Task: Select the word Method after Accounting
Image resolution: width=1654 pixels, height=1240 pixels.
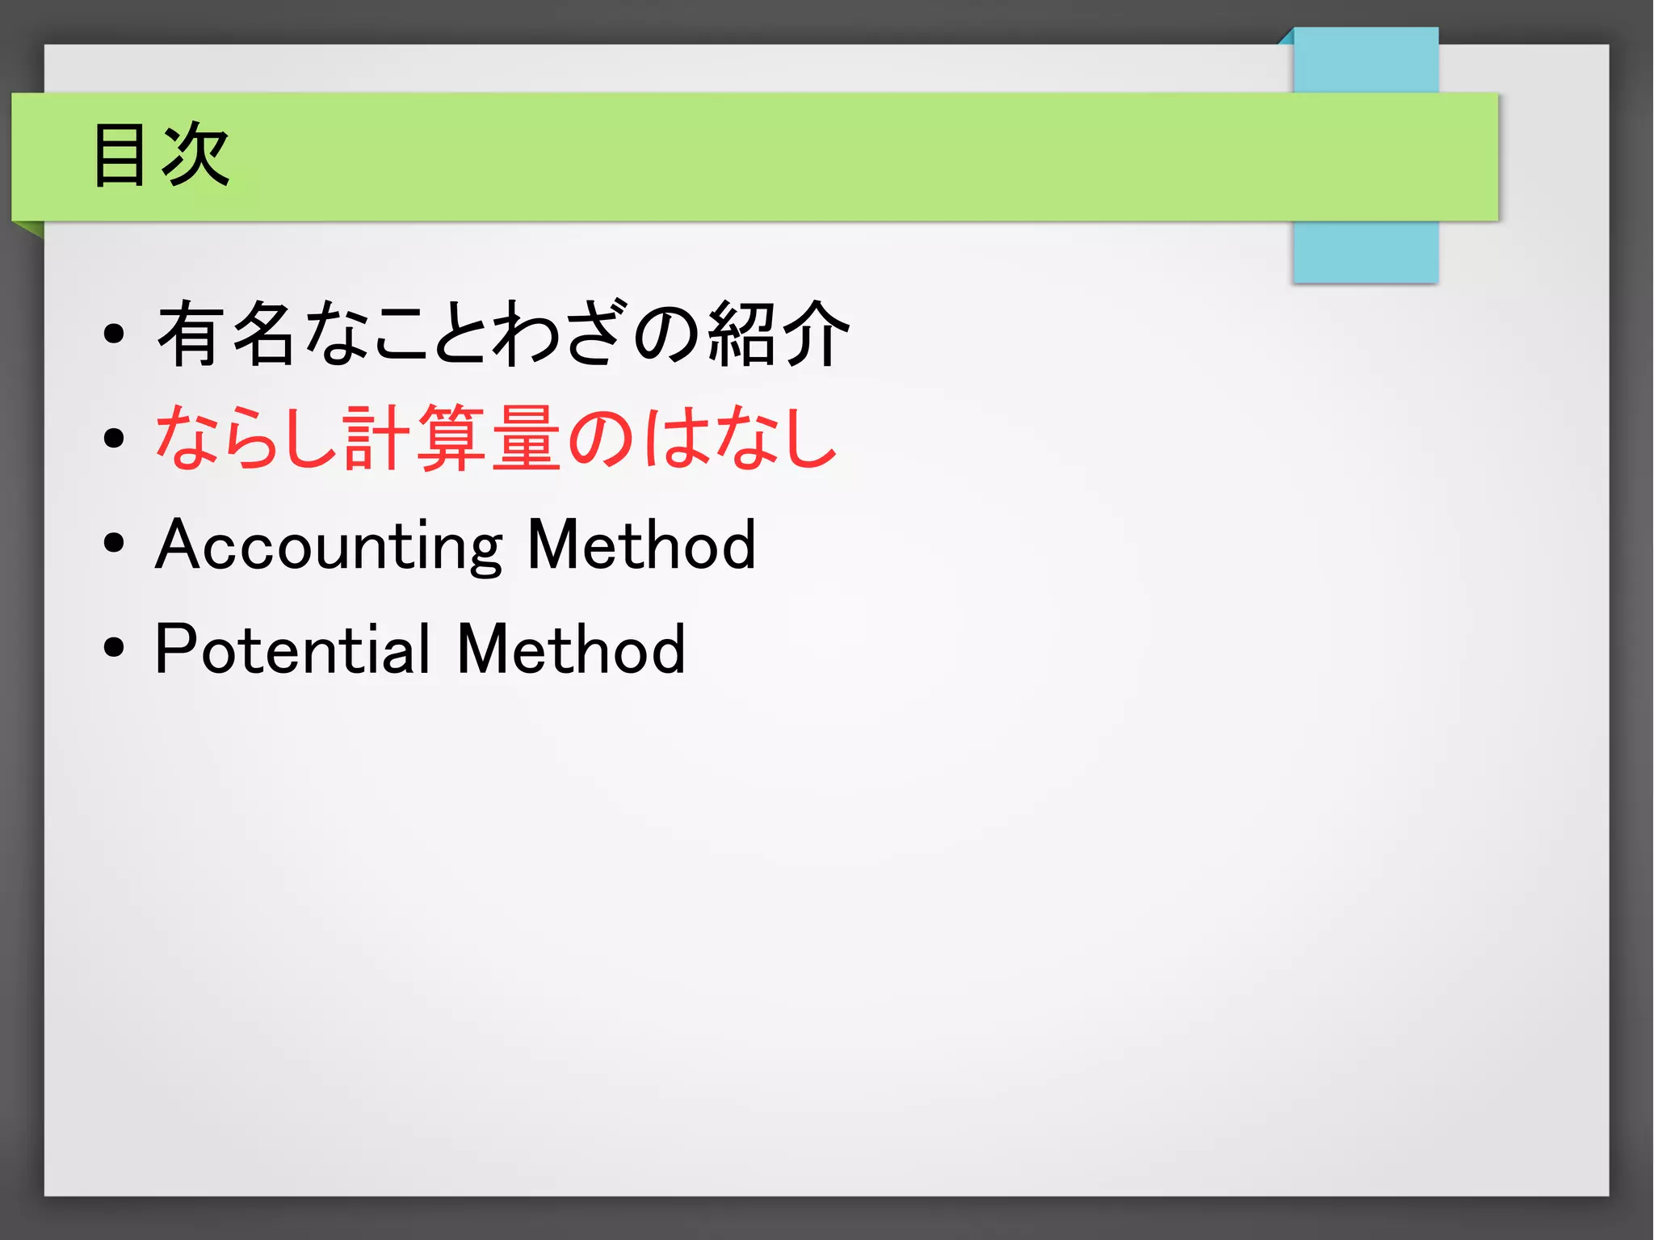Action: tap(642, 545)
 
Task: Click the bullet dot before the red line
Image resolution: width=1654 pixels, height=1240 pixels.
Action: tap(114, 439)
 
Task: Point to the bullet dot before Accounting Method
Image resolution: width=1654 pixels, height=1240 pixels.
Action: tap(114, 544)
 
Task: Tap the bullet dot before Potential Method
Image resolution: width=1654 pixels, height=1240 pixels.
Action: tap(114, 647)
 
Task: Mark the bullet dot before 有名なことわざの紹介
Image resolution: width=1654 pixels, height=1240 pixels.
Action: tap(114, 334)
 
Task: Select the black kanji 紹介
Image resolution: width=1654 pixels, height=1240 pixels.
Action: tap(779, 334)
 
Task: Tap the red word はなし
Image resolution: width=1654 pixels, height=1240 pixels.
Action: tap(741, 439)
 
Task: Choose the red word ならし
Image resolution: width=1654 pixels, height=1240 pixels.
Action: tap(246, 439)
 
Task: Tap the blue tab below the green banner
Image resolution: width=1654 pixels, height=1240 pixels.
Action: tap(1365, 251)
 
